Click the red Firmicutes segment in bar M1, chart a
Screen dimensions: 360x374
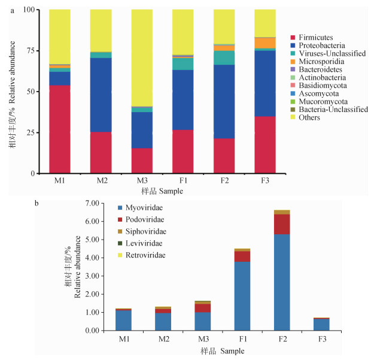click(x=60, y=129)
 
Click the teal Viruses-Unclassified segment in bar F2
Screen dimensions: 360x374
click(x=224, y=58)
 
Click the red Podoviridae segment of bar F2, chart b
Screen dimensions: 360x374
click(x=265, y=224)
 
